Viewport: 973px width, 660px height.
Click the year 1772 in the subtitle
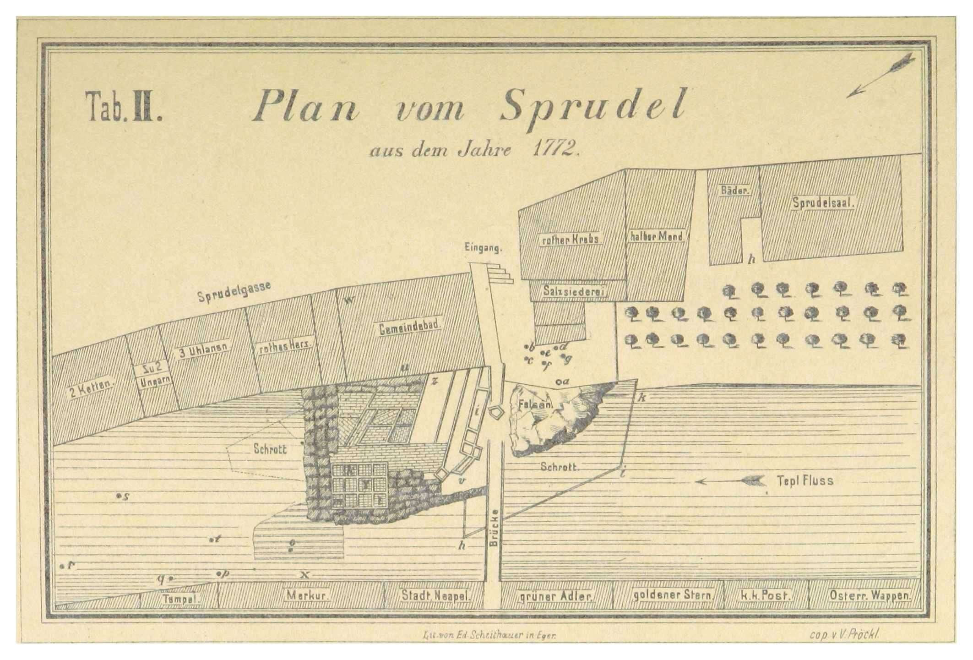554,150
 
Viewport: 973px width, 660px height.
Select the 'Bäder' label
734,190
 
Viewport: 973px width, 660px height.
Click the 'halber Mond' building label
656,236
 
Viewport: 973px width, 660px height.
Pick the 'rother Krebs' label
571,239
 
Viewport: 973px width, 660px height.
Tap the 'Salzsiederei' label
575,290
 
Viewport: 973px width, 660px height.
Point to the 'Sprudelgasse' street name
234,291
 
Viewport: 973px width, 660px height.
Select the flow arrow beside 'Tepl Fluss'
730,481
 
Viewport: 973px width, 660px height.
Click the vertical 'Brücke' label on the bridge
493,528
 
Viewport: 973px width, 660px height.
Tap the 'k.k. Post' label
765,595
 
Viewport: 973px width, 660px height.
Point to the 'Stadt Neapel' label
435,596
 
